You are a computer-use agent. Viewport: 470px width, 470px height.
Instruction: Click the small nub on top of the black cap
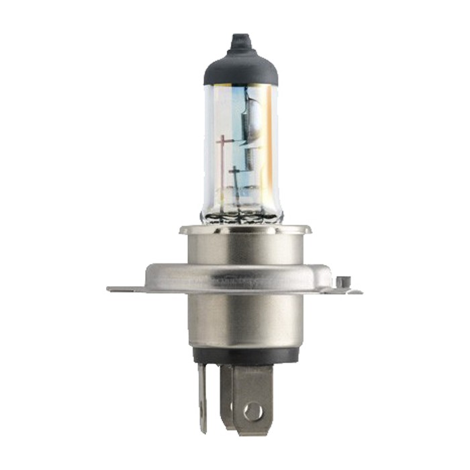point(241,42)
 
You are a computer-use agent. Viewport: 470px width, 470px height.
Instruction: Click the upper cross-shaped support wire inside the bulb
point(224,142)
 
